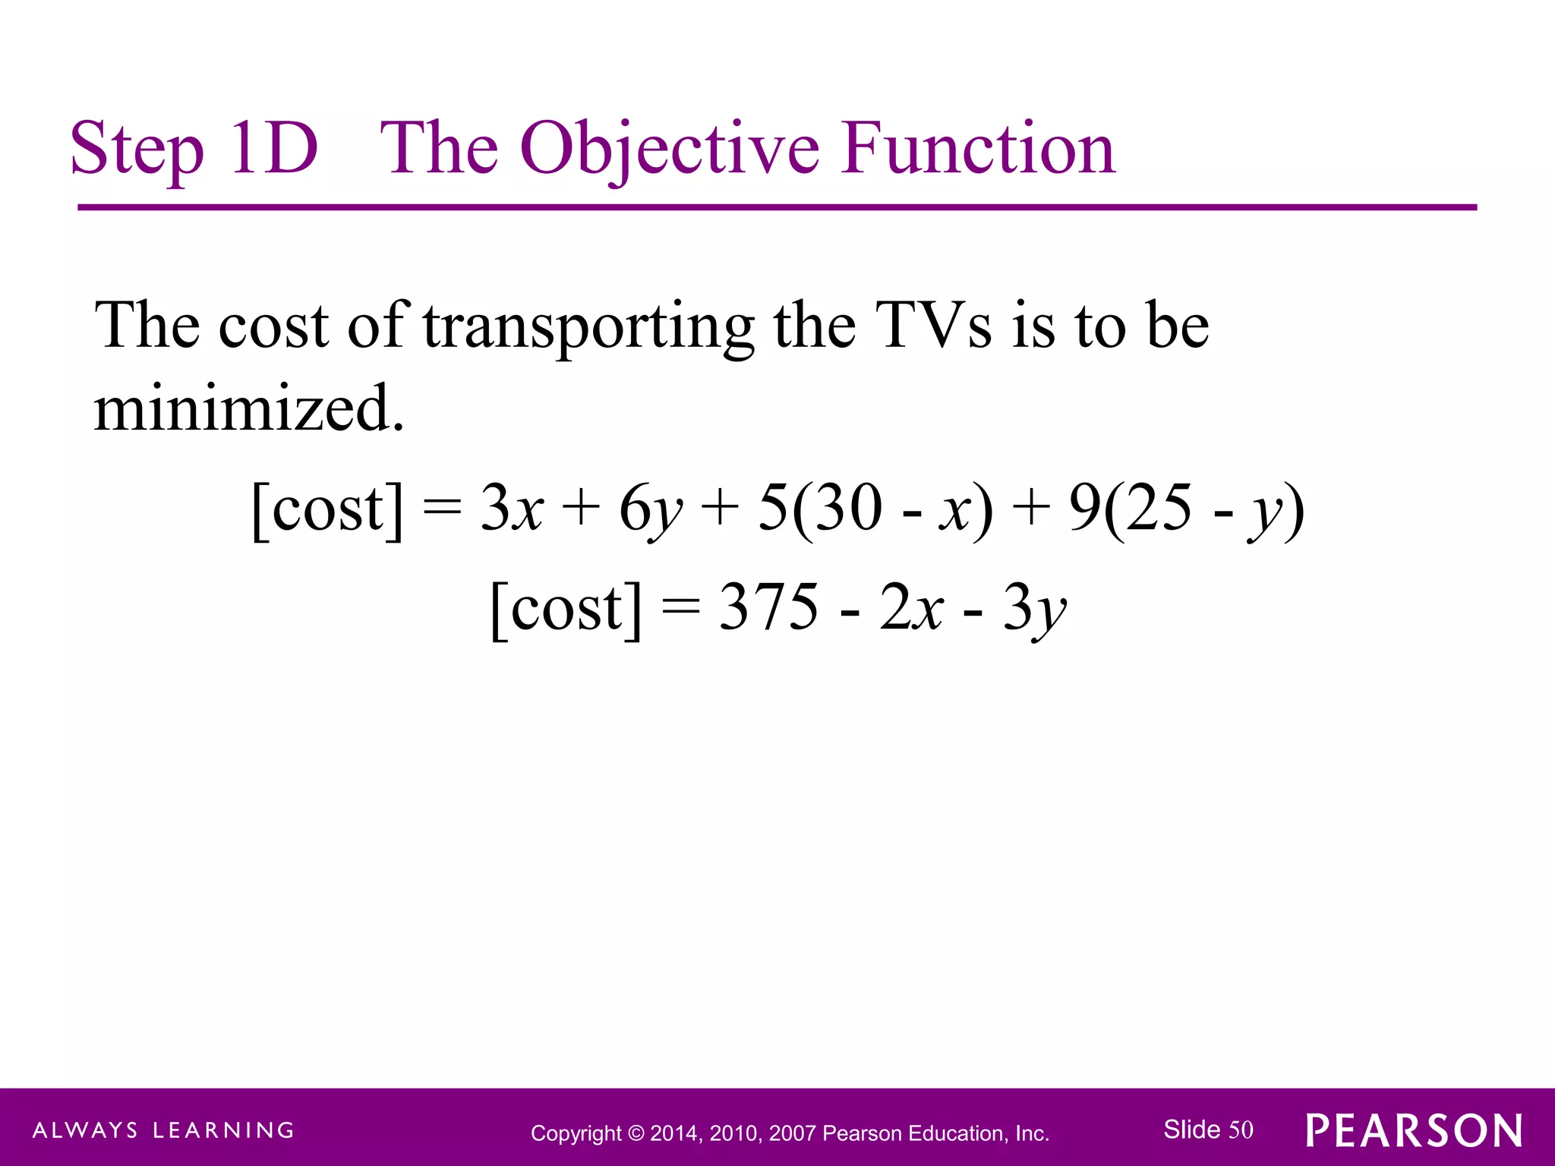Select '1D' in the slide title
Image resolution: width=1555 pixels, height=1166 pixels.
273,148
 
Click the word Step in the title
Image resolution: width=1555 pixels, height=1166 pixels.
137,148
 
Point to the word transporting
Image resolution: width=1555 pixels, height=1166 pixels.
588,326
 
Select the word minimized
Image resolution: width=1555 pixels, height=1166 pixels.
248,408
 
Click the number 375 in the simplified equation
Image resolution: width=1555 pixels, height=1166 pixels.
768,607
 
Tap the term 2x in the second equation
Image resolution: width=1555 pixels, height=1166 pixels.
912,607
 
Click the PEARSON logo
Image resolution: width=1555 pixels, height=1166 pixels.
1414,1130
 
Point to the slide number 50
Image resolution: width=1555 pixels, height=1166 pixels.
1241,1130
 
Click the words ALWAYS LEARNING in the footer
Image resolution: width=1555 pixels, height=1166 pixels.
163,1130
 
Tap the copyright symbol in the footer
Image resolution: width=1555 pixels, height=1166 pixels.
636,1133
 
